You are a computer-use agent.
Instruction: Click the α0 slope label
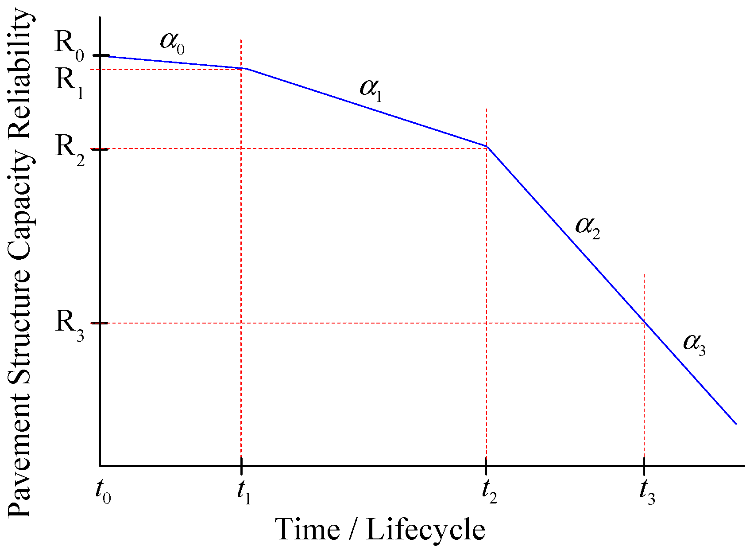pyautogui.click(x=172, y=43)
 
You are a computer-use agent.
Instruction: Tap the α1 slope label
pyautogui.click(x=371, y=90)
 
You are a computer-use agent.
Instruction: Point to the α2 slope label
pyautogui.click(x=587, y=227)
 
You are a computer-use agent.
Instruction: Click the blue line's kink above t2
pyautogui.click(x=487, y=146)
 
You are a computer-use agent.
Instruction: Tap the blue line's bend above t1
pyautogui.click(x=246, y=69)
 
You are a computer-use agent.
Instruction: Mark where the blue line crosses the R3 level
pyautogui.click(x=644, y=323)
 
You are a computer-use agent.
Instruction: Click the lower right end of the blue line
pyautogui.click(x=735, y=424)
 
